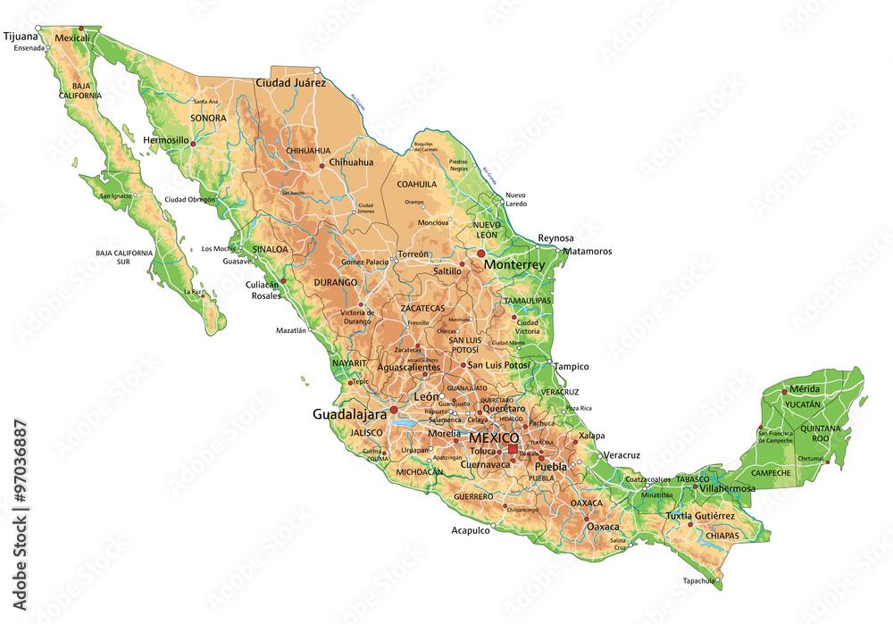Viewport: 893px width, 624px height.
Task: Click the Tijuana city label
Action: tap(21, 37)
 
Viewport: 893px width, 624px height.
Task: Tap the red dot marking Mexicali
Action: tap(83, 29)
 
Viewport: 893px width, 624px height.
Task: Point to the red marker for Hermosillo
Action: tap(193, 142)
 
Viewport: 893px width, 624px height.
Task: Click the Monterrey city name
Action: tap(513, 265)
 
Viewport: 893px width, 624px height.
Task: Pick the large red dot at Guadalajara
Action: tap(394, 410)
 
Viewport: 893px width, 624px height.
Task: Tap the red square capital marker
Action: tap(512, 449)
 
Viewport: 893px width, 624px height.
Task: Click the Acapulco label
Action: tap(471, 529)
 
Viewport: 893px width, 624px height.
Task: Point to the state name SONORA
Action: tap(208, 118)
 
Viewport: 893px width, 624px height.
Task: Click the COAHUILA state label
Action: tap(417, 184)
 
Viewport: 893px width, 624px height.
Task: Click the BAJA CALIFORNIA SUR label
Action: tap(124, 257)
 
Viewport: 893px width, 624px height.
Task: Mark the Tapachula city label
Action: tap(699, 580)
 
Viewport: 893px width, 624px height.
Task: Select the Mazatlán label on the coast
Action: tap(291, 330)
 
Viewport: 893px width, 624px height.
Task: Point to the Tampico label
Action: tap(572, 366)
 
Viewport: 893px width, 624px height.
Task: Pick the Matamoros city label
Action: tap(587, 251)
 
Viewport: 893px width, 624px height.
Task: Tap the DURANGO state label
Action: tap(335, 282)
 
